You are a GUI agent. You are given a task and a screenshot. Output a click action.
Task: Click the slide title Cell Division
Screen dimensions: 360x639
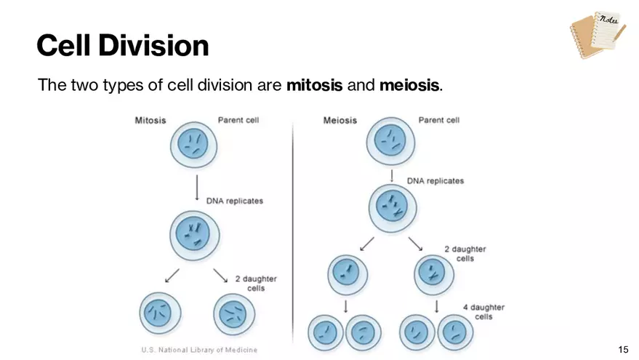pyautogui.click(x=123, y=45)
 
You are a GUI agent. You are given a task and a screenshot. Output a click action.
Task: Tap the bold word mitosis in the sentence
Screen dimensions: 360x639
pyautogui.click(x=314, y=86)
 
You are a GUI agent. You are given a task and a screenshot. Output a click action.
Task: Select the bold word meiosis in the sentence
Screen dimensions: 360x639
pyautogui.click(x=409, y=86)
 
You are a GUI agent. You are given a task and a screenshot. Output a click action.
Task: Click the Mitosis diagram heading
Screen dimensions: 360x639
pyautogui.click(x=152, y=119)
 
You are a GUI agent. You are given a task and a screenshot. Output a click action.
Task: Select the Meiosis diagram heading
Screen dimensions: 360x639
pyautogui.click(x=340, y=119)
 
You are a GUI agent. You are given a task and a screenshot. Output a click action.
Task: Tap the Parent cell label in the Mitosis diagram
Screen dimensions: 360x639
pyautogui.click(x=238, y=119)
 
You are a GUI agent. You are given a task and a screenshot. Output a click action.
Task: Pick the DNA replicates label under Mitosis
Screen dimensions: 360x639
pyautogui.click(x=235, y=201)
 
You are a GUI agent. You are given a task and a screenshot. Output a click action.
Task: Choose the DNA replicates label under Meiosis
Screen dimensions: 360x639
pyautogui.click(x=435, y=180)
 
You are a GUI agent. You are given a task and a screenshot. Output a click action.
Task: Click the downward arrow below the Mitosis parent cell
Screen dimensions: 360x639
pyautogui.click(x=196, y=188)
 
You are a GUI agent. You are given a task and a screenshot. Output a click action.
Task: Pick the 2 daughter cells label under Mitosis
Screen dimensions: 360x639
pyautogui.click(x=256, y=283)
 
